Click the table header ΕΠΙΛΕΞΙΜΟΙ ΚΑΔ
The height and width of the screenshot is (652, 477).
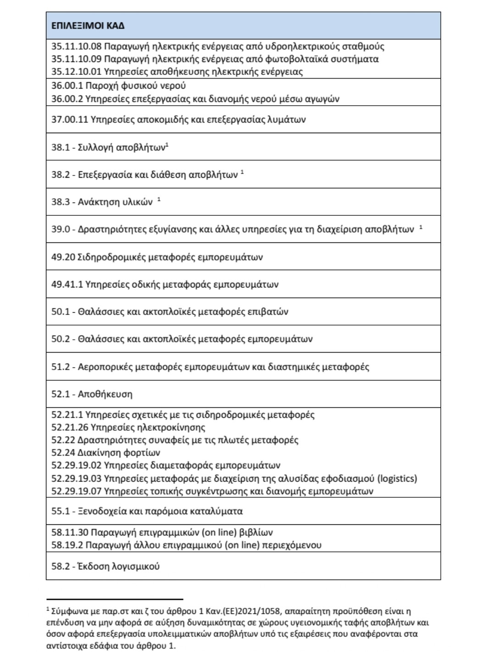pos(88,26)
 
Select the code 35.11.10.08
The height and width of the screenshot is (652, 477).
pos(76,46)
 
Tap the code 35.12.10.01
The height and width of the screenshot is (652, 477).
pos(76,72)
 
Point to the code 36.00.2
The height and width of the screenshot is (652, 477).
pos(67,99)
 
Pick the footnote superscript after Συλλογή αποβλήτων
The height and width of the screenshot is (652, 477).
pos(167,145)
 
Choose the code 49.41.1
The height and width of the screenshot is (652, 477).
pos(67,284)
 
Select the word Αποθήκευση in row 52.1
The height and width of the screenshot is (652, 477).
pos(105,394)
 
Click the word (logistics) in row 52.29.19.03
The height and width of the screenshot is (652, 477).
pos(397,478)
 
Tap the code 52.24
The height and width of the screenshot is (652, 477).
pos(63,453)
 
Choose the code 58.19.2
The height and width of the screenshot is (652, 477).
pos(67,545)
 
